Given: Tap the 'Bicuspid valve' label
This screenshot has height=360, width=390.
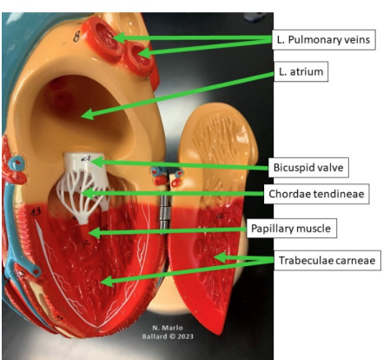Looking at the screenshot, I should point(313,165).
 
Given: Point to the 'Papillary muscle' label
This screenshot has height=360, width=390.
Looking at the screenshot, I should point(315,228).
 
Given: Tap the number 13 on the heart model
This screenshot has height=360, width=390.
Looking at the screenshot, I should point(36,211).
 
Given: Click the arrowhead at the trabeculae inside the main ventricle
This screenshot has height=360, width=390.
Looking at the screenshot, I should point(102,280).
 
